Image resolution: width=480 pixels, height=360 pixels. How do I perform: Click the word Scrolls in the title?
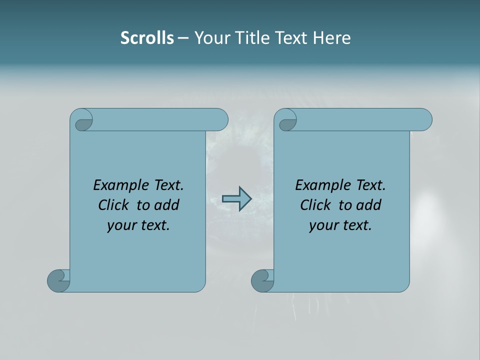147,38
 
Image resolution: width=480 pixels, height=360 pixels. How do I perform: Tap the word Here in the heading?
331,38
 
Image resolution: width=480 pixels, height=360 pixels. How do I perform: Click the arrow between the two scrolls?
236,199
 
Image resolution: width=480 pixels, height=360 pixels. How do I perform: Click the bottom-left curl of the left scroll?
58,280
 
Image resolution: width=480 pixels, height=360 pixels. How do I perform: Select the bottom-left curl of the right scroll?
262,280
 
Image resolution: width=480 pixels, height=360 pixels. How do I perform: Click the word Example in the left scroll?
119,185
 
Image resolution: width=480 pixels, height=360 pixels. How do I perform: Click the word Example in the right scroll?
321,185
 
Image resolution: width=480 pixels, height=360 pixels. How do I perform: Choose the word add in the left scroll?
167,205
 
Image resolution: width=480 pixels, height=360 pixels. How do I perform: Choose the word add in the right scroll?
369,205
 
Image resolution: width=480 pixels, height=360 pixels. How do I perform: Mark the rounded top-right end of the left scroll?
220,119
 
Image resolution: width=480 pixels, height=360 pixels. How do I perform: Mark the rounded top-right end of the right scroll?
424,119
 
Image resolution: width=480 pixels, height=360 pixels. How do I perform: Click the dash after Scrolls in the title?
183,38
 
